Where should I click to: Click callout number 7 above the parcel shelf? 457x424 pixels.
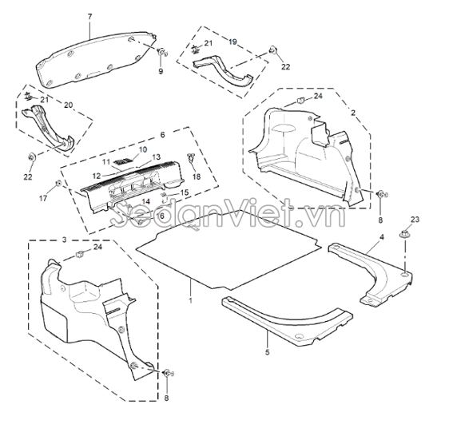click(x=89, y=17)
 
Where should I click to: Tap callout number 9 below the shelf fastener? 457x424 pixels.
click(x=161, y=71)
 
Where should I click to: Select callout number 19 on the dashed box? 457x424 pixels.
click(x=232, y=42)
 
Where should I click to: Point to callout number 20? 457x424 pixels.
click(x=69, y=105)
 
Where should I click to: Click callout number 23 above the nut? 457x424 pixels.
click(x=415, y=219)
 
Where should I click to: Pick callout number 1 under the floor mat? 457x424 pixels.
click(x=191, y=300)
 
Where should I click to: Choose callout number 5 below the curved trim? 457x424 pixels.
click(x=268, y=352)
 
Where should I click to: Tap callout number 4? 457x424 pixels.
click(x=382, y=237)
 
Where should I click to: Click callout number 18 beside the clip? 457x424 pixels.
click(x=197, y=176)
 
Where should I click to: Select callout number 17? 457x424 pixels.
click(x=43, y=199)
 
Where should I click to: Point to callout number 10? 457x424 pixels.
click(x=143, y=149)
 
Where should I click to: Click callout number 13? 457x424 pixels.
click(x=157, y=157)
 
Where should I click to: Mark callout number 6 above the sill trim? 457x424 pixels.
click(x=163, y=135)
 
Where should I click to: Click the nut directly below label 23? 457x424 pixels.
click(x=404, y=234)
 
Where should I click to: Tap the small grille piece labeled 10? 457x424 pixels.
click(x=123, y=160)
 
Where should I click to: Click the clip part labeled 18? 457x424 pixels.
click(x=191, y=157)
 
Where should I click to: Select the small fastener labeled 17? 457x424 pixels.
click(x=58, y=183)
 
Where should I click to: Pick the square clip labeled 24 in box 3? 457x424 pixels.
click(x=80, y=254)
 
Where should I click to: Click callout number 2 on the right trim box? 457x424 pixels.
click(x=353, y=113)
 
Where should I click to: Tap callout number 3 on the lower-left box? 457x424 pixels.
click(x=65, y=240)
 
